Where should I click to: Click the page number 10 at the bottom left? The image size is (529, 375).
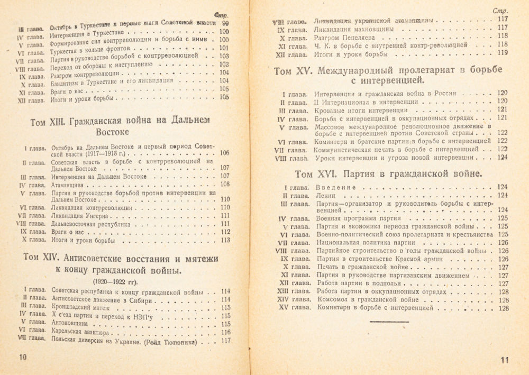(22, 356)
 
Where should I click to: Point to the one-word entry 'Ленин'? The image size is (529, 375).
(325, 196)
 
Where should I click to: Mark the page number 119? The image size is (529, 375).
(502, 53)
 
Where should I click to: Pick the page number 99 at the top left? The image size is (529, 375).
(225, 24)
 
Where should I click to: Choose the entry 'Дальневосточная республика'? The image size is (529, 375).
(91, 224)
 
